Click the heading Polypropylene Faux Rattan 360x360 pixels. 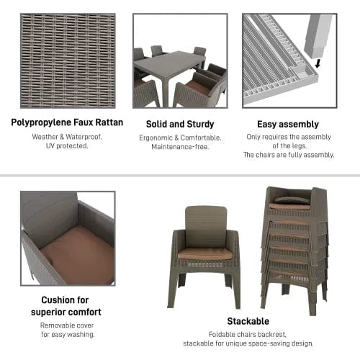pyautogui.click(x=67, y=122)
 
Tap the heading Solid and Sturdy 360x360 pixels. pyautogui.click(x=179, y=124)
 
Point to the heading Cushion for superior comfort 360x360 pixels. pyautogui.click(x=67, y=307)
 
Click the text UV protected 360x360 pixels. pyautogui.click(x=67, y=146)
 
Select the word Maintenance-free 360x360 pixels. pyautogui.click(x=179, y=147)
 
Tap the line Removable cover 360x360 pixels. pyautogui.click(x=67, y=325)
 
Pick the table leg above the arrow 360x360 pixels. pyautogui.click(x=315, y=35)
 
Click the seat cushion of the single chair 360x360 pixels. pyautogui.click(x=205, y=253)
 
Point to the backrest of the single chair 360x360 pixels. pyautogui.click(x=205, y=225)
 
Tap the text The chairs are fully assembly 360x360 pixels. pyautogui.click(x=289, y=155)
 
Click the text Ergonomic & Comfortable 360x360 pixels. pyautogui.click(x=179, y=138)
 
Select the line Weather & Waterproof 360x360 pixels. pyautogui.click(x=67, y=137)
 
